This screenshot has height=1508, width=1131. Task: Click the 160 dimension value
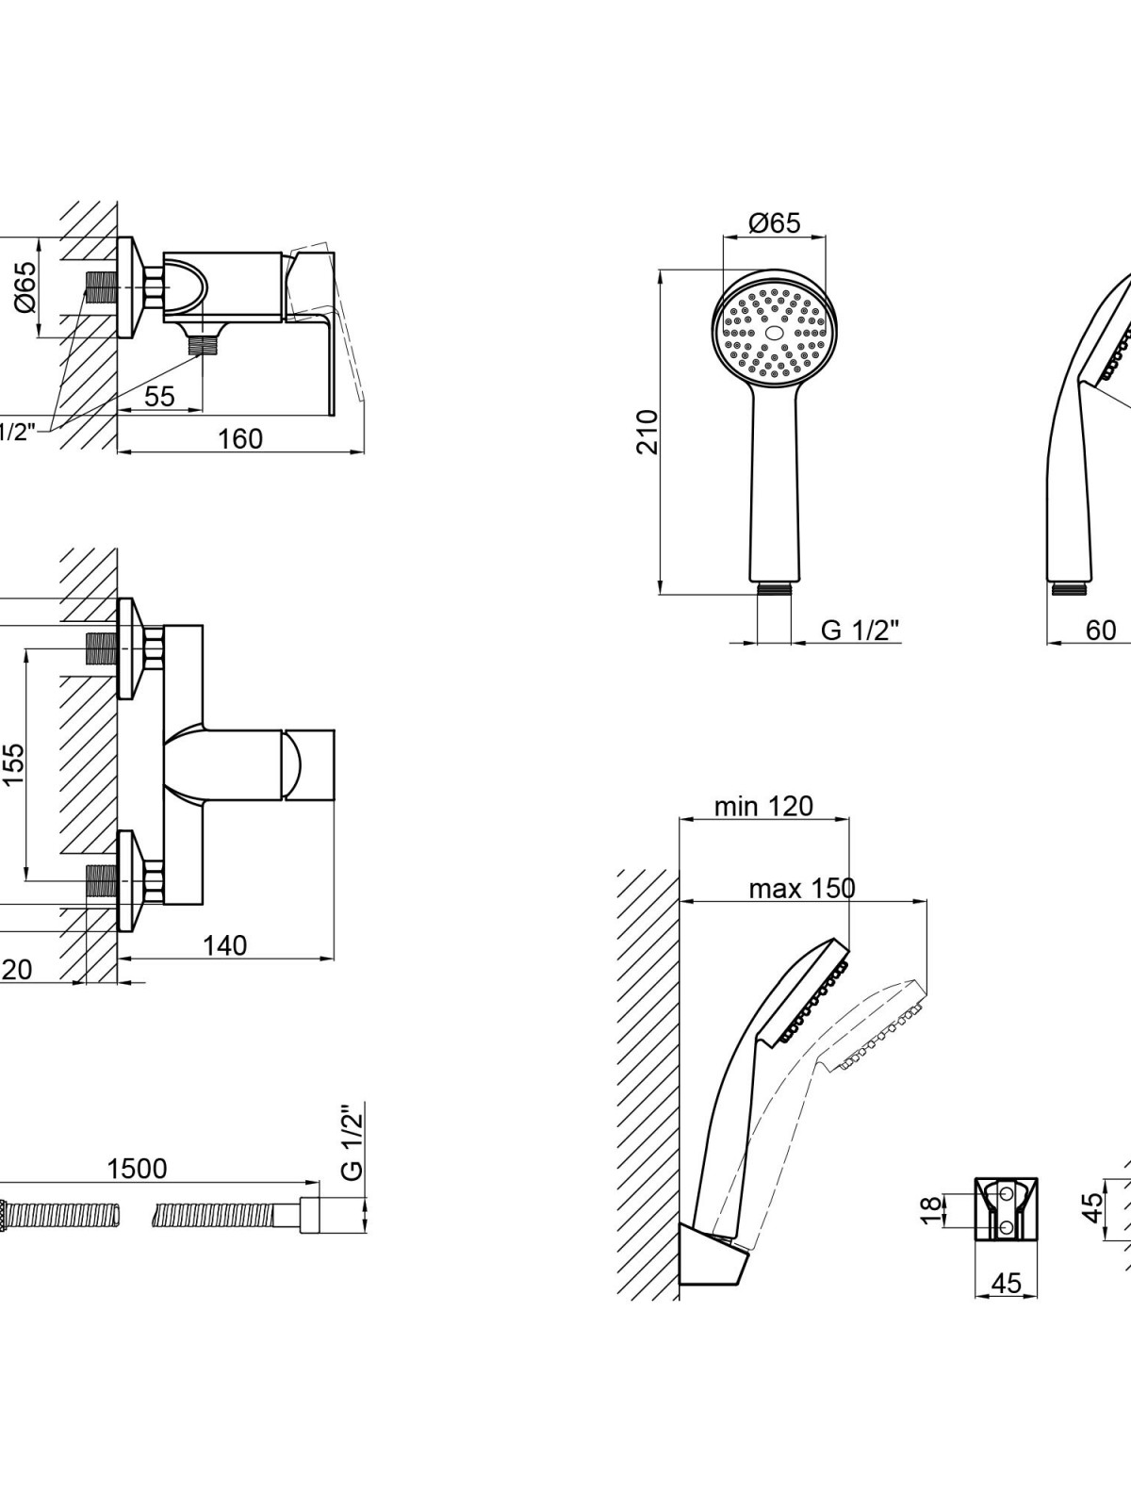point(241,438)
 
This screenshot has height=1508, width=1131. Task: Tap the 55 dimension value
point(159,396)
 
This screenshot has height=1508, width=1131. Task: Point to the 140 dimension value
point(224,944)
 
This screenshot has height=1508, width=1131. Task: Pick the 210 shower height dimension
point(647,432)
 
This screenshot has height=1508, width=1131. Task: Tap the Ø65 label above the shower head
point(774,222)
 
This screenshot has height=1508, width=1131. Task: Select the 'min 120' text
point(763,806)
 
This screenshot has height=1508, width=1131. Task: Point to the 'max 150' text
point(802,888)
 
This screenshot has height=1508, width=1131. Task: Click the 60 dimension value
point(1101,630)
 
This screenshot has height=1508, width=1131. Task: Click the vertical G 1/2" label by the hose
point(351,1142)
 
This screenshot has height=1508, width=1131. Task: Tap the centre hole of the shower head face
point(774,334)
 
